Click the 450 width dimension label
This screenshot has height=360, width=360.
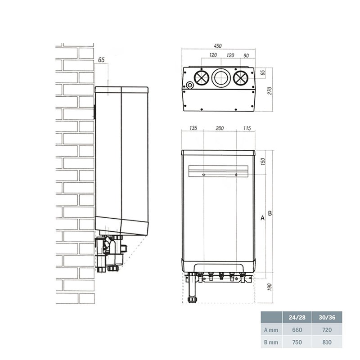[218, 46]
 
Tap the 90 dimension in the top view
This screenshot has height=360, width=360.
[246, 55]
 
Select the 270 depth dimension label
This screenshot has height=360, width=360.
[270, 91]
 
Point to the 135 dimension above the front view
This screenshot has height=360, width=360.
[193, 128]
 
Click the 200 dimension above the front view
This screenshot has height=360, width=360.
[220, 128]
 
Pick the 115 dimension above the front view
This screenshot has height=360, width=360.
[247, 128]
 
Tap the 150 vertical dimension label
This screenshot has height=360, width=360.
[263, 162]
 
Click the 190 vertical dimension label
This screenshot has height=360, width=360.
[270, 287]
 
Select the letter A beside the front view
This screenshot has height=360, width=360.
[262, 218]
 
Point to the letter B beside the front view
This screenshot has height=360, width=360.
[270, 213]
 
